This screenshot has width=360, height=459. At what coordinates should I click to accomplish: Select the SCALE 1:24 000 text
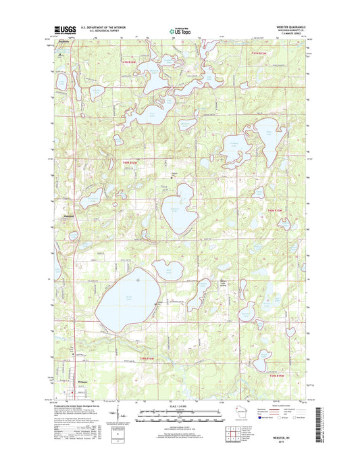(180, 408)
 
